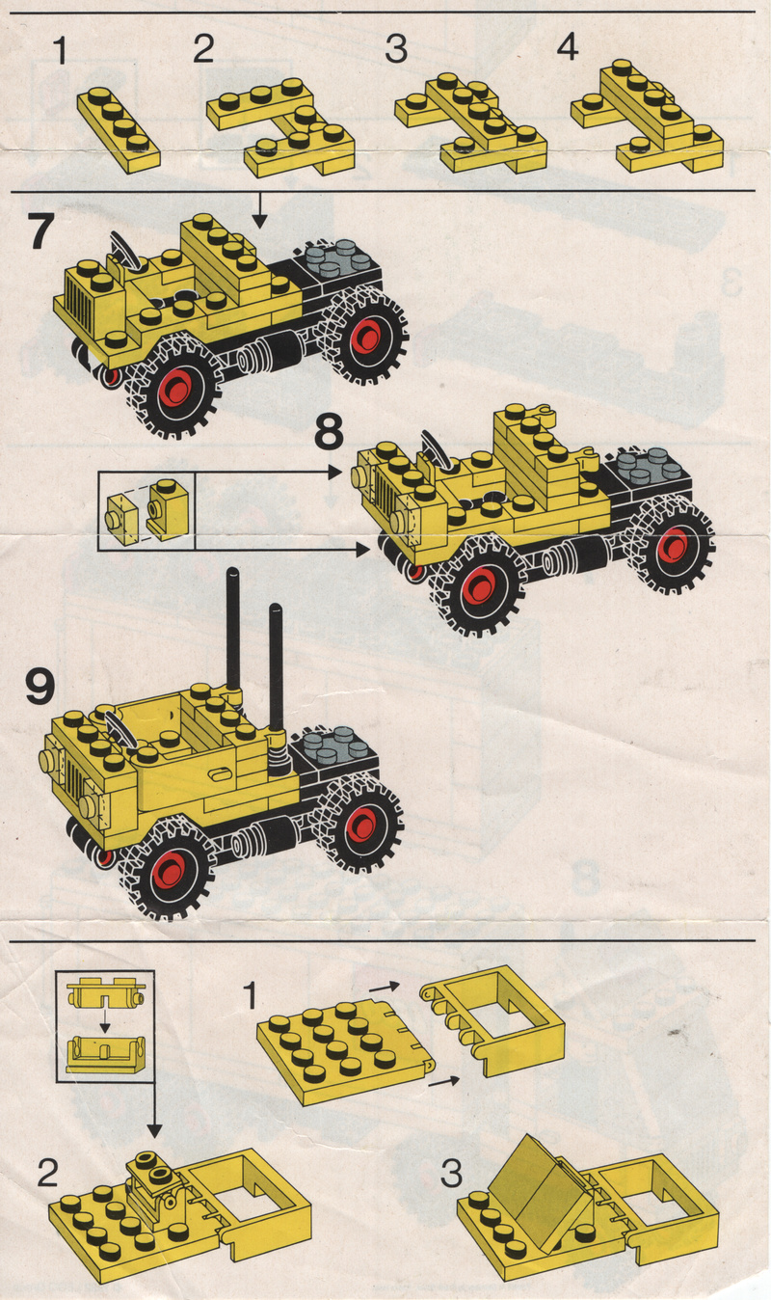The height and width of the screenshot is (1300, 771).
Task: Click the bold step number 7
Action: point(41,231)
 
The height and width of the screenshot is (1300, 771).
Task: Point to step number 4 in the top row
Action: point(567,47)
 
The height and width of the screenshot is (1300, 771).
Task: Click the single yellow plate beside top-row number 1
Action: point(119,129)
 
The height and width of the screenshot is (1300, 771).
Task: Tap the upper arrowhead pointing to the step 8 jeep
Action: point(336,472)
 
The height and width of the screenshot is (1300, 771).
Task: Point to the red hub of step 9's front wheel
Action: point(170,871)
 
